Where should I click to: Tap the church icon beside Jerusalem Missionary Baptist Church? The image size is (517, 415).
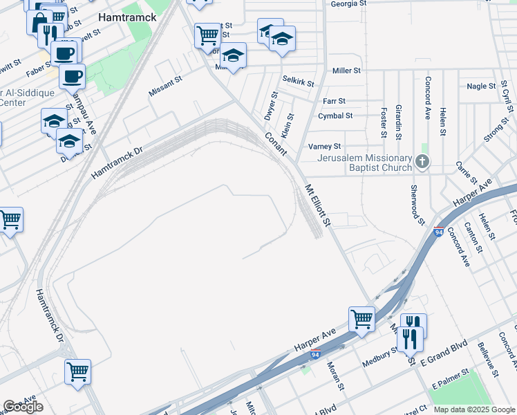(x=422, y=163)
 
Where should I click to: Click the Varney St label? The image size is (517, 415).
(x=324, y=147)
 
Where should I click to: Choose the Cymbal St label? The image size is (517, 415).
(x=335, y=116)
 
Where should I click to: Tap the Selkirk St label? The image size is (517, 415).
(x=298, y=82)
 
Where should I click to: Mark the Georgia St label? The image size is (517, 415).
(x=348, y=3)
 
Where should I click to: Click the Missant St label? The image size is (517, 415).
(x=165, y=86)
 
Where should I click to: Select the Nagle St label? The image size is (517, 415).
(x=481, y=86)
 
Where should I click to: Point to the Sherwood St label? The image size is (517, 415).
(x=417, y=205)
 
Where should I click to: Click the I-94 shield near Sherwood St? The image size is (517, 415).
(x=438, y=232)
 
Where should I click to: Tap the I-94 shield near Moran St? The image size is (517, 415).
(x=315, y=355)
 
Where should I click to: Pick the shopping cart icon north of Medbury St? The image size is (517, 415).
(x=361, y=320)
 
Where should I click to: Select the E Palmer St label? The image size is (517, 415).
(x=450, y=380)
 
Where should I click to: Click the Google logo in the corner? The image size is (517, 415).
(x=23, y=407)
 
